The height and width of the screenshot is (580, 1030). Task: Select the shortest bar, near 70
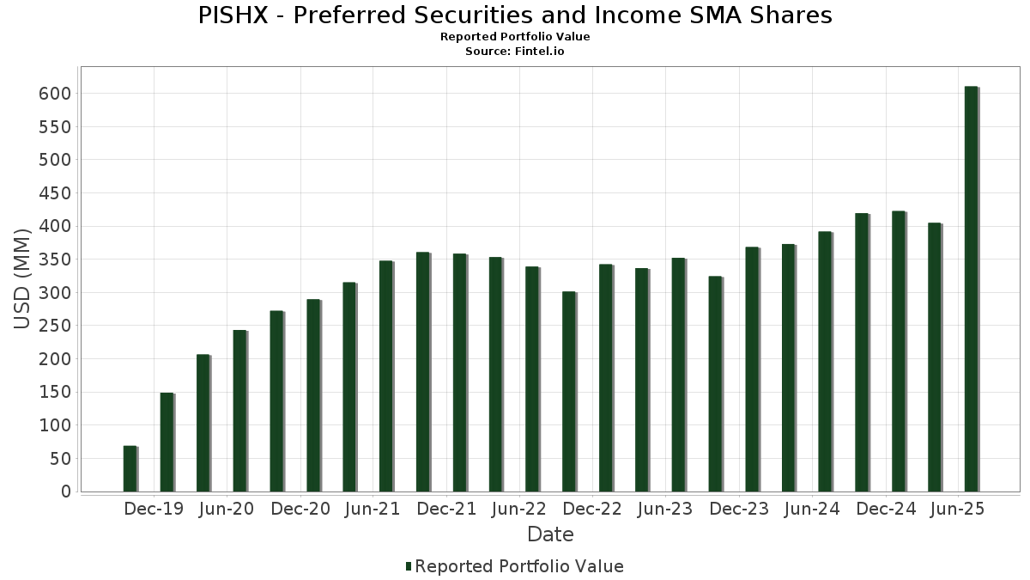130,468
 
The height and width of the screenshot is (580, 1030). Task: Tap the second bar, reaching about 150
167,442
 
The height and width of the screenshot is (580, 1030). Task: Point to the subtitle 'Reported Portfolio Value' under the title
515,37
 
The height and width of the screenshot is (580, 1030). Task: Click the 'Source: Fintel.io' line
515,51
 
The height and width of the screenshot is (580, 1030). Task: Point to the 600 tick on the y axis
53,94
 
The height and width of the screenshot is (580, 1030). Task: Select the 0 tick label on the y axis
65,491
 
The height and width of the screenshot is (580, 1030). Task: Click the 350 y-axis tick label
53,259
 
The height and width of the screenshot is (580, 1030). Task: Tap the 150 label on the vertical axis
53,393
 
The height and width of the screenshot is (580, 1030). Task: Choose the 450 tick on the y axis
53,193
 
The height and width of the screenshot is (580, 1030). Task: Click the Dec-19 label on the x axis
154,510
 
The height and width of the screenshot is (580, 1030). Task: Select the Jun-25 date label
958,510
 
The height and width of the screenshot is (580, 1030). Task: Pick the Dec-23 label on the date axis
739,510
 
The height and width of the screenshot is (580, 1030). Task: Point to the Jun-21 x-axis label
372,510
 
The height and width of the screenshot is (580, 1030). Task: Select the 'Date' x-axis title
550,534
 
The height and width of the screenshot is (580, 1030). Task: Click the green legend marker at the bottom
409,566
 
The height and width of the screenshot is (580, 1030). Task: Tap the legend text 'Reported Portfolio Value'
519,566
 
